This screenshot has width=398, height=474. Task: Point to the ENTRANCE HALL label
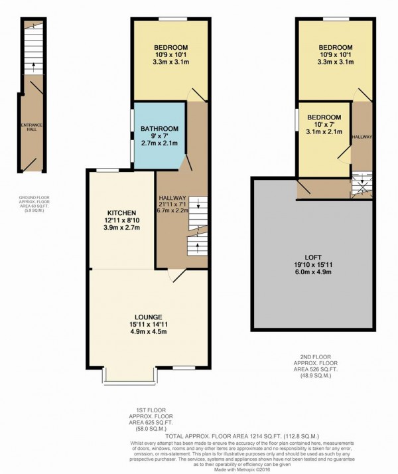pyautogui.click(x=31, y=126)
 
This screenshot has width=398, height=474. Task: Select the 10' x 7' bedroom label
pyautogui.click(x=324, y=118)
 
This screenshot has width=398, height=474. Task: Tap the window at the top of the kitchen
pyautogui.click(x=107, y=171)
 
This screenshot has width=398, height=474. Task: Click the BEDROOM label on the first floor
pyautogui.click(x=170, y=46)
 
